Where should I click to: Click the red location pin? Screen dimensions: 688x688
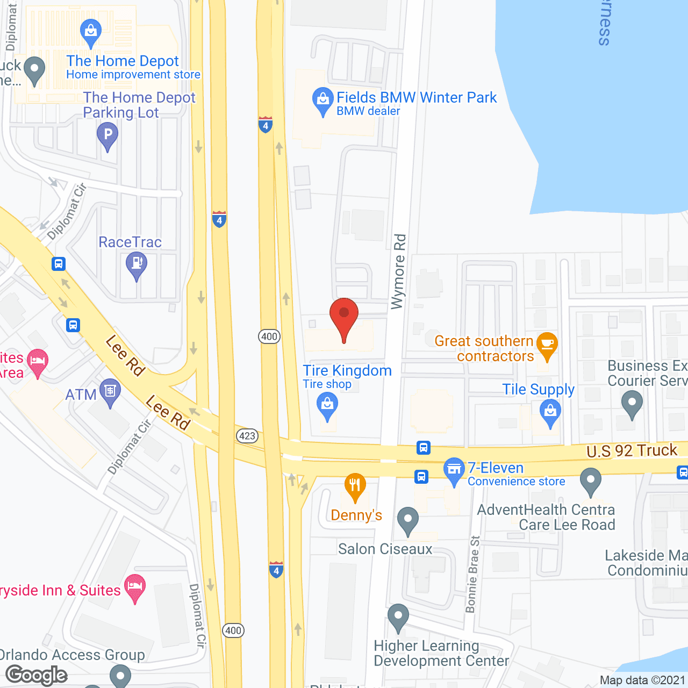(343, 318)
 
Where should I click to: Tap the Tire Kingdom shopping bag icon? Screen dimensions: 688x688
(327, 405)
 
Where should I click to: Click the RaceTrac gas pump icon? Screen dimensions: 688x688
(137, 264)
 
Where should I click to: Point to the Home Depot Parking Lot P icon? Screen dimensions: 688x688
(107, 134)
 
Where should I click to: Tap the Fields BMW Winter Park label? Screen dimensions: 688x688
(417, 98)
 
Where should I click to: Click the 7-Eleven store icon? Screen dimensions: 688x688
(454, 470)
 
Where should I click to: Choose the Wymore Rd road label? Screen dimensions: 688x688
(399, 271)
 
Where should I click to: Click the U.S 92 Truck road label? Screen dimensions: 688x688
(632, 450)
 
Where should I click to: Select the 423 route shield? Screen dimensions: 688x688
(247, 435)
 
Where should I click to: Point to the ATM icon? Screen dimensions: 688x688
(110, 392)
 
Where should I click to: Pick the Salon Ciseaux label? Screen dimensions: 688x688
(385, 549)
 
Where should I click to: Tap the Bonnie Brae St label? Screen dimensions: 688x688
(472, 574)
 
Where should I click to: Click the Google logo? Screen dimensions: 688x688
(37, 675)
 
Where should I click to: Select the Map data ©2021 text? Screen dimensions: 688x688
(642, 680)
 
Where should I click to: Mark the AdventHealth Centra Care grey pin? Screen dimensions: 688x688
(591, 480)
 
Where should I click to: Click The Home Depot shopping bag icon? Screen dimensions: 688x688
(90, 32)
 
